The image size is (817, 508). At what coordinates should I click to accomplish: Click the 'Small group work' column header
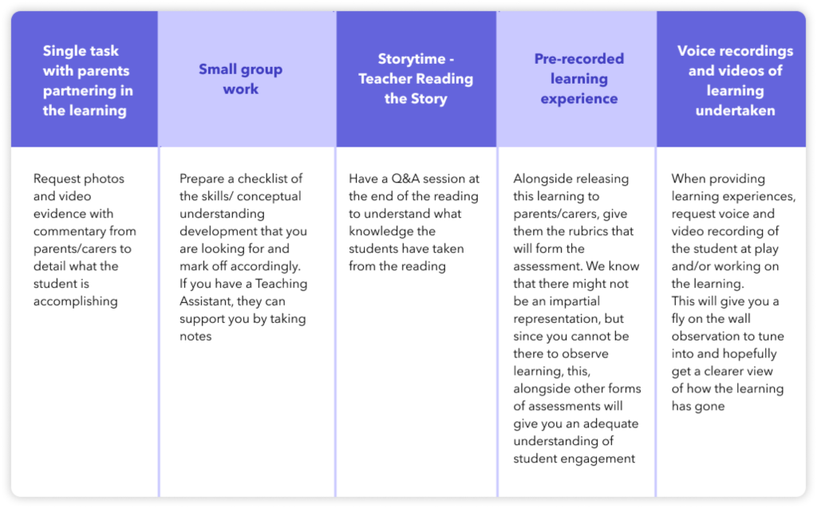pos(240,79)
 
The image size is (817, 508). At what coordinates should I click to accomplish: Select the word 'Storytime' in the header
pos(411,59)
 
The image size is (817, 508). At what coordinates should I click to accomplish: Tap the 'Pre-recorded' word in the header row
pos(579,59)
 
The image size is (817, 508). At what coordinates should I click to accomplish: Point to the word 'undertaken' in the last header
pos(735,111)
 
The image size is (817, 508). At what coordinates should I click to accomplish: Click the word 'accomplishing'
pos(76,301)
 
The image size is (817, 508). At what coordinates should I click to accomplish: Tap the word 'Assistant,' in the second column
pos(207,301)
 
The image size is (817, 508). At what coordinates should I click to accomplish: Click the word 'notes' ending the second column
pos(196,336)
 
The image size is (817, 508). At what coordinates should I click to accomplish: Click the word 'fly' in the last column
pos(677,319)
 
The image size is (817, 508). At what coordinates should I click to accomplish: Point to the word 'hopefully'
pos(749,354)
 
